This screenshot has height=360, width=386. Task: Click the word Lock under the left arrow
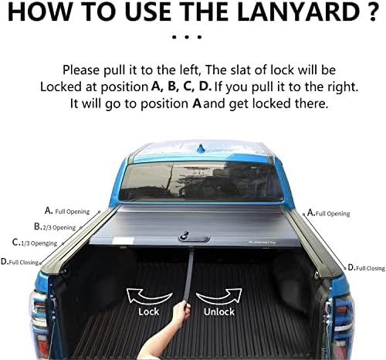[148, 312]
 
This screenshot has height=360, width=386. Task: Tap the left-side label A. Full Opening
[67, 211]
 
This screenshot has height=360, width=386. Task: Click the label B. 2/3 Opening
[55, 227]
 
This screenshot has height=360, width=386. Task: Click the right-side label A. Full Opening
[328, 212]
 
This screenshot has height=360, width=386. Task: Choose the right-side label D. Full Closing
[365, 267]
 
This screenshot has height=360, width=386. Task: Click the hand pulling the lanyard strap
[183, 314]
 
